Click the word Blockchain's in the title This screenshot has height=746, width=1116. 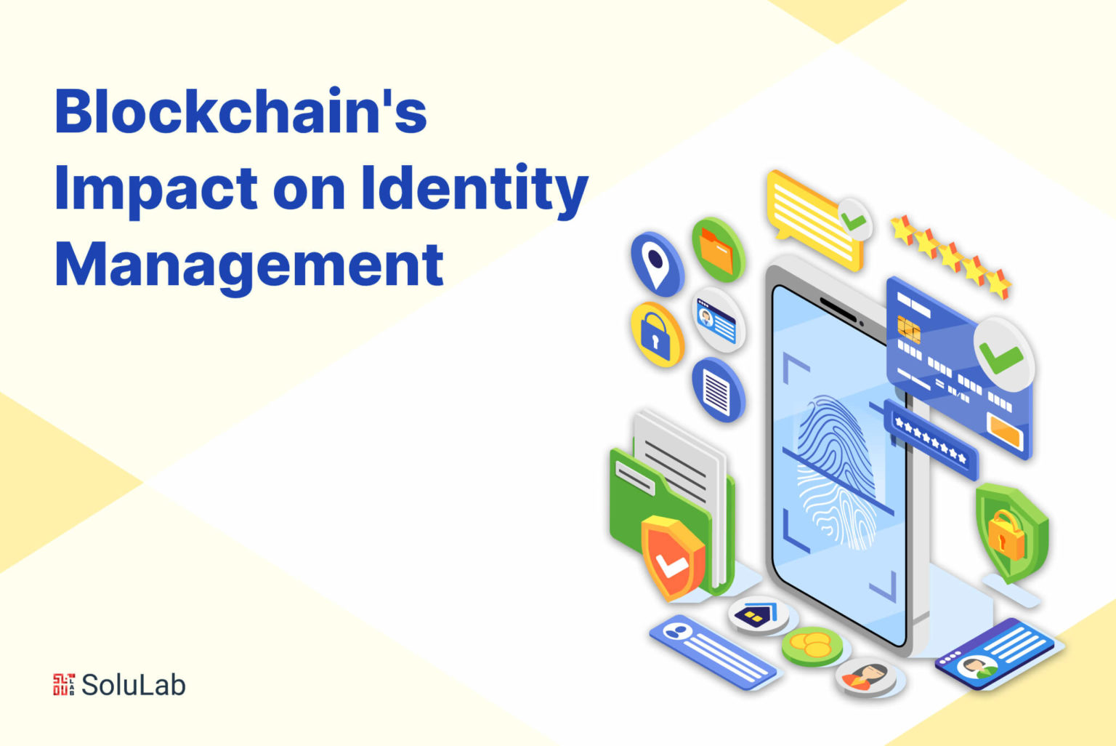[240, 111]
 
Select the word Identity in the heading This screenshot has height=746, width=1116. [474, 190]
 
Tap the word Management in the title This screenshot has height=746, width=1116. [249, 267]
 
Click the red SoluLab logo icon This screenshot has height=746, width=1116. [64, 684]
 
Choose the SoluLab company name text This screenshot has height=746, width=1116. [134, 685]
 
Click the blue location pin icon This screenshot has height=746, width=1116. [657, 264]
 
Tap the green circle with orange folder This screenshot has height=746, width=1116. [719, 250]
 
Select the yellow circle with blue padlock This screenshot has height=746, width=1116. [657, 335]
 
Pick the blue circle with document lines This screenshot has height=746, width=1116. [719, 390]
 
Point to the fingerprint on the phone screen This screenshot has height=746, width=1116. [837, 471]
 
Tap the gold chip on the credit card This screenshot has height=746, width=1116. [908, 329]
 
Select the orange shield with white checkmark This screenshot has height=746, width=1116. [672, 558]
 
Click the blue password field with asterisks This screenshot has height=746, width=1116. [931, 440]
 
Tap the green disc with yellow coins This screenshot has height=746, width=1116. [812, 646]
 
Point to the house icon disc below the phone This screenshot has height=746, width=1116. [759, 615]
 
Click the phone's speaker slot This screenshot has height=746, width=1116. [838, 309]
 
